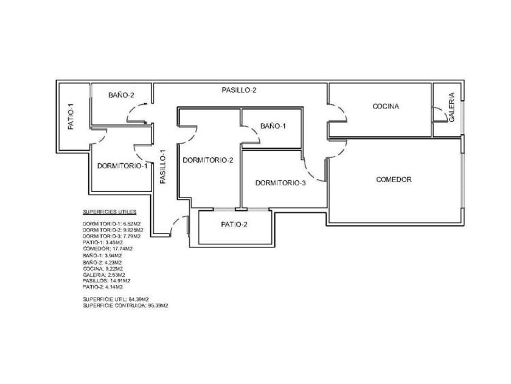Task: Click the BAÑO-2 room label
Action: pyautogui.click(x=121, y=95)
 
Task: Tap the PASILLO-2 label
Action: pyautogui.click(x=238, y=90)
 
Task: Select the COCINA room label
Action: pyautogui.click(x=386, y=107)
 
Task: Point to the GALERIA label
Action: pyautogui.click(x=451, y=107)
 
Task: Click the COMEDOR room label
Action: pyautogui.click(x=394, y=180)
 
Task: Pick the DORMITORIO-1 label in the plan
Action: pyautogui.click(x=122, y=166)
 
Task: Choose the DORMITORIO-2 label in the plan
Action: pyautogui.click(x=208, y=161)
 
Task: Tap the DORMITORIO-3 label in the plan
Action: pyautogui.click(x=280, y=183)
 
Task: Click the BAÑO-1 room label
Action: pyautogui.click(x=273, y=126)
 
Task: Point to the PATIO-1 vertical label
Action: pyautogui.click(x=71, y=117)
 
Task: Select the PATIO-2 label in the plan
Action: pyautogui.click(x=234, y=224)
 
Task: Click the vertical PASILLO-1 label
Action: pyautogui.click(x=163, y=168)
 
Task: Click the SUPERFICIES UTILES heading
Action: pyautogui.click(x=109, y=212)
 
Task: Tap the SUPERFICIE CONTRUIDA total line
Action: pyautogui.click(x=125, y=305)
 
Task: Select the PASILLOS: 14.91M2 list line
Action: pyautogui.click(x=106, y=280)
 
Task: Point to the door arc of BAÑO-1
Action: pyautogui.click(x=252, y=137)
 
